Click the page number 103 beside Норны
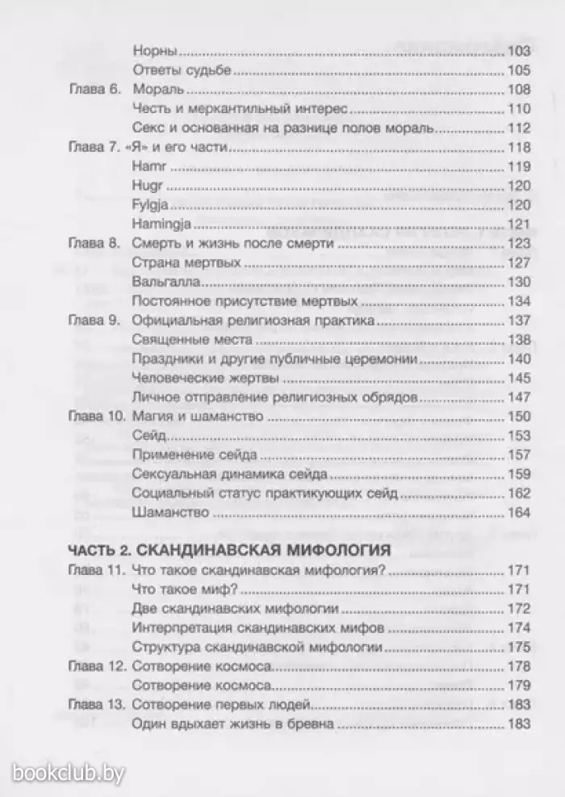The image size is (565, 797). (x=518, y=50)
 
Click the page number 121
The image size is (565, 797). (x=518, y=224)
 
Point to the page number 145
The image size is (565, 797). (x=518, y=379)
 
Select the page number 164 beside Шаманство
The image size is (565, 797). (x=518, y=513)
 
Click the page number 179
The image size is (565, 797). (x=518, y=686)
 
